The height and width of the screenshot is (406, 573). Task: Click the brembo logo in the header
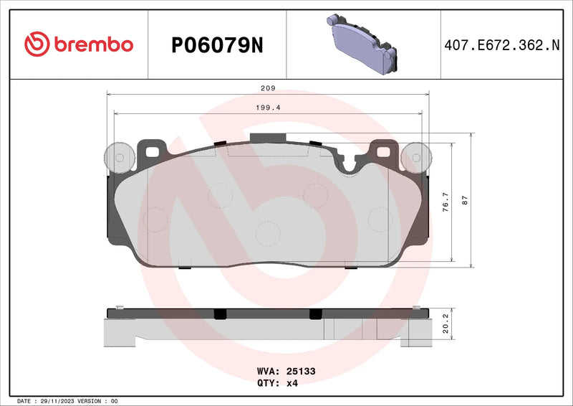(x=79, y=44)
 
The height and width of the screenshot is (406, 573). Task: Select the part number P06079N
(x=217, y=45)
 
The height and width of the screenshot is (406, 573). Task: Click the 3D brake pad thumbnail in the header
(x=362, y=44)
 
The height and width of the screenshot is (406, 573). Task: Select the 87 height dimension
(x=465, y=202)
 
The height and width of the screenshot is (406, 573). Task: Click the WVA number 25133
(x=301, y=372)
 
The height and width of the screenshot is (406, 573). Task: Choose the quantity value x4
(x=292, y=383)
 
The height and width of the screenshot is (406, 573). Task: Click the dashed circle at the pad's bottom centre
(x=267, y=233)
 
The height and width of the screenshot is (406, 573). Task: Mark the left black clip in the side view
(x=220, y=313)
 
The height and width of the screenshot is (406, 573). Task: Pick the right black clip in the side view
(x=315, y=313)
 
